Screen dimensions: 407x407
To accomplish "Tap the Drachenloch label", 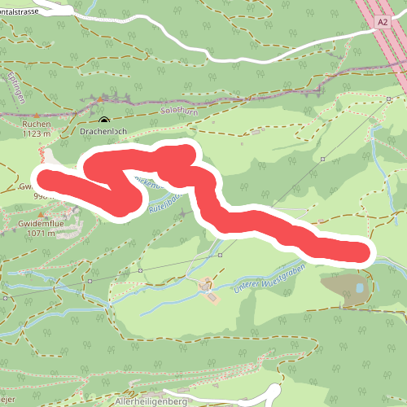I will [103, 129].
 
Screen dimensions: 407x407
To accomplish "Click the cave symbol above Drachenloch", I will [103, 119].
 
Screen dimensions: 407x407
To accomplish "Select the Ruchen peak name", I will [37, 124].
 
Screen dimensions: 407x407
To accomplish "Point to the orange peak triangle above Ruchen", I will [37, 116].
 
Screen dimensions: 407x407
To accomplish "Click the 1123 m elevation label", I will [37, 133].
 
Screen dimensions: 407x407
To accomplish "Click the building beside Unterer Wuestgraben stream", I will [209, 287].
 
